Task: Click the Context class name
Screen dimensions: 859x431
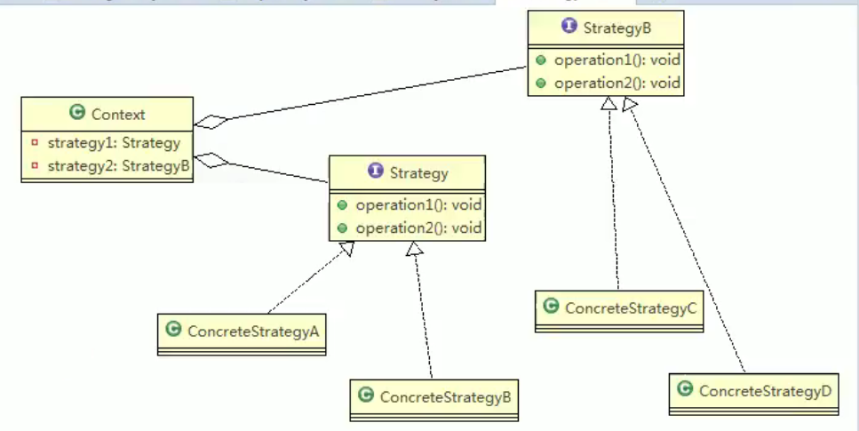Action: (117, 114)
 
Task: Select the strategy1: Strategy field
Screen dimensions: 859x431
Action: (113, 142)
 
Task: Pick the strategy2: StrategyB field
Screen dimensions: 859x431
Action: (118, 165)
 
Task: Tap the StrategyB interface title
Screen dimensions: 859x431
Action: (617, 28)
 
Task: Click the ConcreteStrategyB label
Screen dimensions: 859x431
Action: (445, 396)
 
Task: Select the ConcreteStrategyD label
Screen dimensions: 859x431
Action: (765, 391)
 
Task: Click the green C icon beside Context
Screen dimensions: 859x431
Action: (77, 114)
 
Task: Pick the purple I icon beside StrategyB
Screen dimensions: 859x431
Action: (569, 28)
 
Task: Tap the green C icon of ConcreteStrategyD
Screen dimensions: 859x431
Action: (685, 390)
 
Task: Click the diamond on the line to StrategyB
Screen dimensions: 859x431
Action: (212, 121)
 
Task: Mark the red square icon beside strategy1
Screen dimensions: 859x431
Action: (34, 142)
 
